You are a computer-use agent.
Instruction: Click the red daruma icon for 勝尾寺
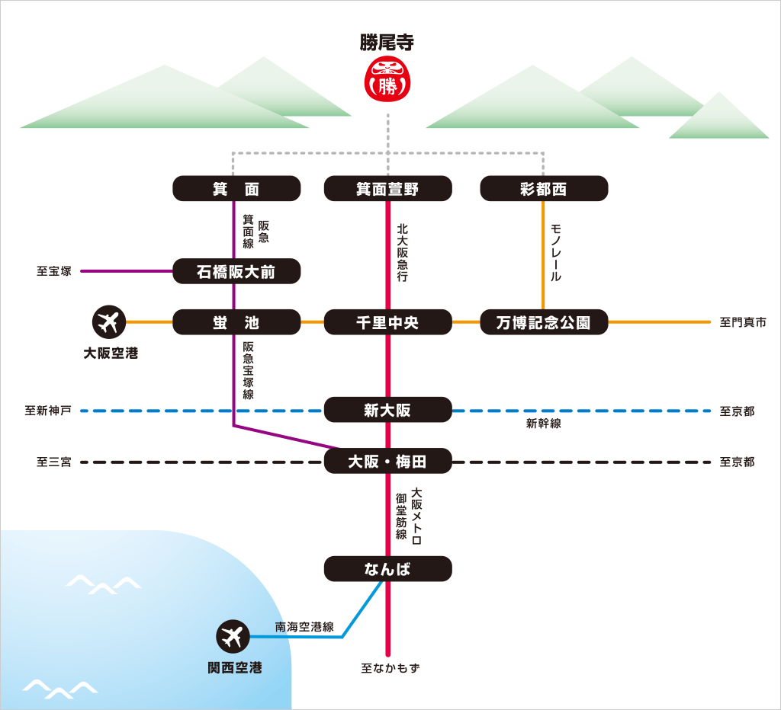(387, 78)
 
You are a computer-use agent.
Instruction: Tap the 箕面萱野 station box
(387, 189)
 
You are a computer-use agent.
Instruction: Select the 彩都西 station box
(544, 189)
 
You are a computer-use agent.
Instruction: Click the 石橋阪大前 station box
(236, 271)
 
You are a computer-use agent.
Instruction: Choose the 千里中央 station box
(387, 322)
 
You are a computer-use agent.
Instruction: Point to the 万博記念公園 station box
(544, 322)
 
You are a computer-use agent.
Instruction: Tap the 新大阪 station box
(387, 411)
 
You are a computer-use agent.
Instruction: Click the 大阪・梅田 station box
(387, 461)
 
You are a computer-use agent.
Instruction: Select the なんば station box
(387, 568)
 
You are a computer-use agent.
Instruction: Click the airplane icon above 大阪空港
(109, 322)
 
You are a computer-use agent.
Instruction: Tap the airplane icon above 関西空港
(233, 637)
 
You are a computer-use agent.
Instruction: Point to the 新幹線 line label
(544, 424)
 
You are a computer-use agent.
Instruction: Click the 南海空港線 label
(304, 627)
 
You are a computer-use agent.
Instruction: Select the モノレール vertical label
(556, 252)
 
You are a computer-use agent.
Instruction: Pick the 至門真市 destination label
(743, 323)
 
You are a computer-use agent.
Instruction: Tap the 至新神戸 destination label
(48, 411)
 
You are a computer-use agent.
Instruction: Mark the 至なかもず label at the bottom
(390, 668)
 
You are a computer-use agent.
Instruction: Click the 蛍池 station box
(236, 322)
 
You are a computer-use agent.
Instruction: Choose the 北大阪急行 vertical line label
(402, 252)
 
